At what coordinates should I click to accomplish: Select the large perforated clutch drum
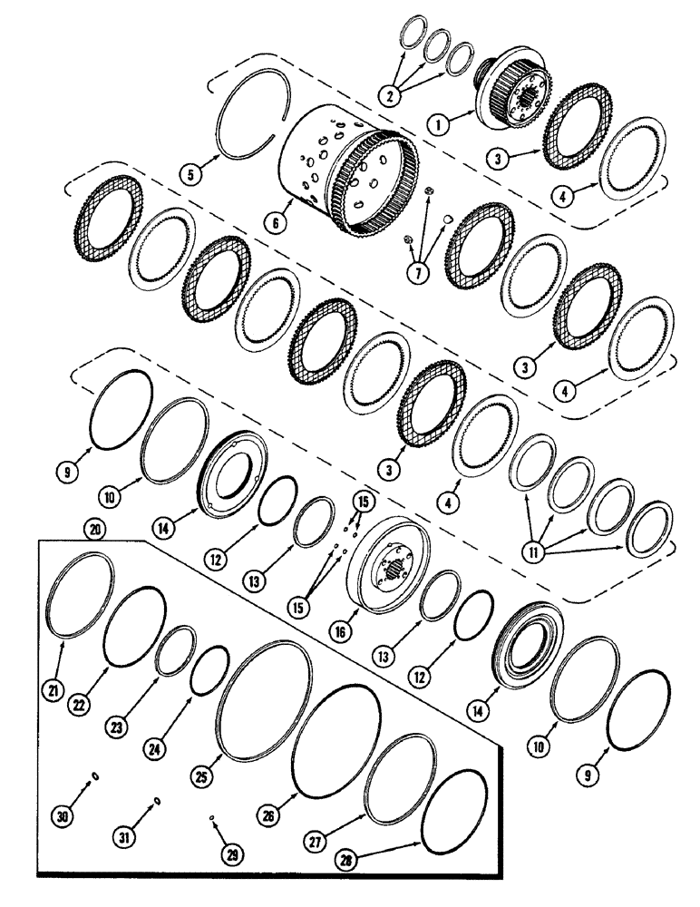pos(349,179)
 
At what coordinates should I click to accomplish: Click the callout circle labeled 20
pos(91,528)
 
